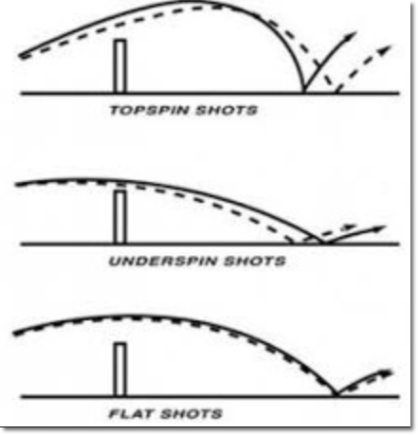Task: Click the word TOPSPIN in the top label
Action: click(149, 111)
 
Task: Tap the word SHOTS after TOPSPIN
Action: click(227, 111)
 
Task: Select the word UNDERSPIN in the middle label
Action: click(163, 262)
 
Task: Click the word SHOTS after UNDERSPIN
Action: click(255, 262)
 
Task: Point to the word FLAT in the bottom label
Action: click(132, 414)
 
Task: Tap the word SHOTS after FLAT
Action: click(191, 414)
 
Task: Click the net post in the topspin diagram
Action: click(120, 66)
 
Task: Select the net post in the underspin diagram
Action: click(120, 217)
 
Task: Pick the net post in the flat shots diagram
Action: click(120, 370)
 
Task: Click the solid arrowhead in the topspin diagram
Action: click(352, 35)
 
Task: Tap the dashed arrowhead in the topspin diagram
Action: click(386, 50)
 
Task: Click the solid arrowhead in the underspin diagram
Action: click(379, 228)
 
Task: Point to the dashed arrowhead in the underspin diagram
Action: click(350, 227)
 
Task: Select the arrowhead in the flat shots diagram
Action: click(386, 373)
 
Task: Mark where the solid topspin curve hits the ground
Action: click(304, 92)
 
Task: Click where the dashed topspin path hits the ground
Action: click(336, 92)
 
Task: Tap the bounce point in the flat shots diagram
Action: click(336, 395)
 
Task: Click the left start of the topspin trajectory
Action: click(21, 56)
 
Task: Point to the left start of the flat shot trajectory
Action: click(15, 334)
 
